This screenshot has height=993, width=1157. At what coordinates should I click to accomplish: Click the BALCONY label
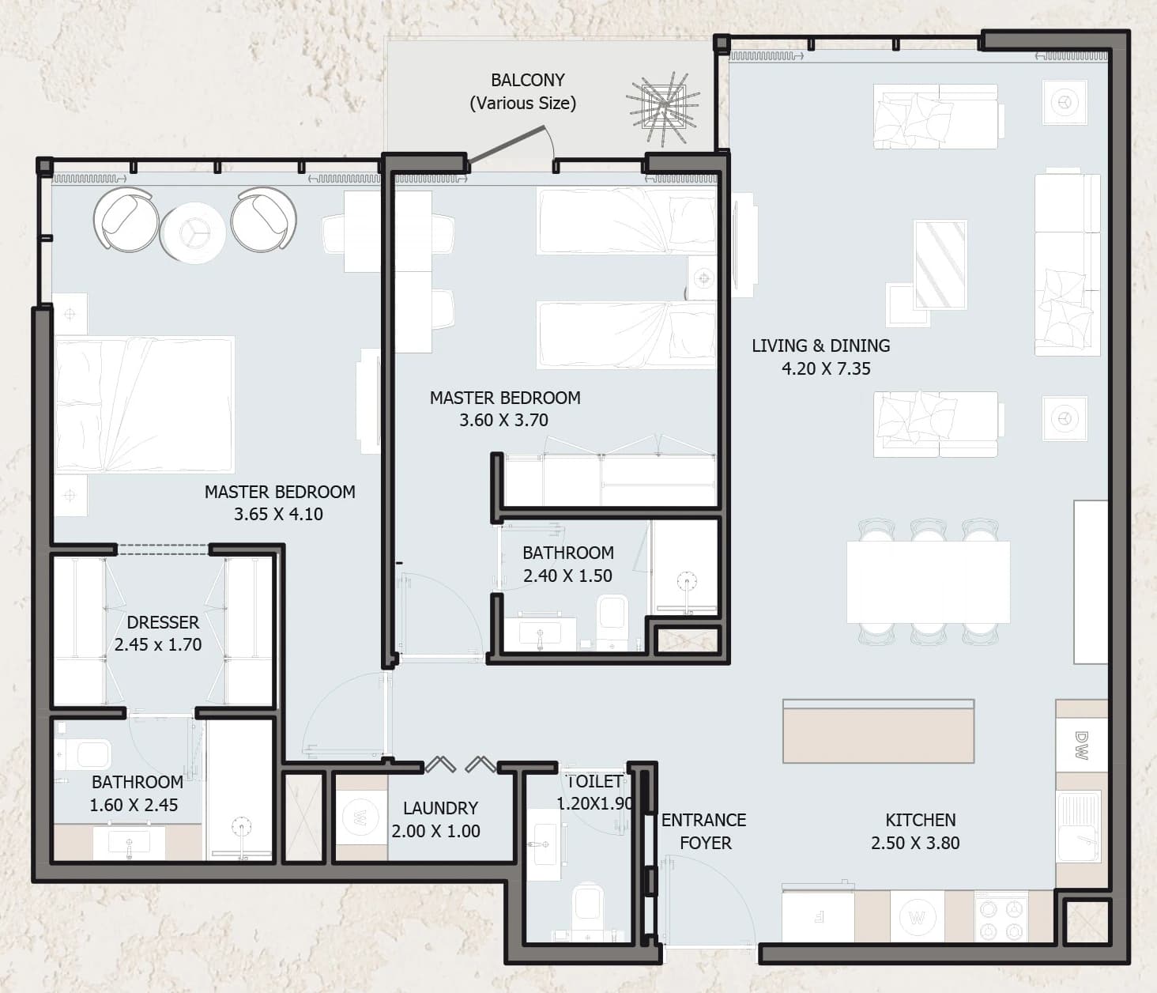point(527,81)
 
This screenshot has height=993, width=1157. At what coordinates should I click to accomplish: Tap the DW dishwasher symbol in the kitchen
point(1081,745)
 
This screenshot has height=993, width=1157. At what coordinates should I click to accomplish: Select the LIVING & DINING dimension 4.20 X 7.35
point(826,369)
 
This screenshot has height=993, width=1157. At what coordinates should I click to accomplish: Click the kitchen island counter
point(878,731)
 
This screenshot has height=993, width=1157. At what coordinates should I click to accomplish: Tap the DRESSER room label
point(162,622)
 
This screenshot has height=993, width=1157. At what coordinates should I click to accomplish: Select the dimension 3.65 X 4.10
point(278,514)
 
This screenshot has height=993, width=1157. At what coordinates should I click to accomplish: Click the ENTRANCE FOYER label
point(703,831)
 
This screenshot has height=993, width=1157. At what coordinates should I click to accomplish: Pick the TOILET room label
point(594,781)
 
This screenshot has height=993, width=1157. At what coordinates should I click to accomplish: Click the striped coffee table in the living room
point(940,264)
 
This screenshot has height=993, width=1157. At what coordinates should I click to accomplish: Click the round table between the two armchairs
point(193,232)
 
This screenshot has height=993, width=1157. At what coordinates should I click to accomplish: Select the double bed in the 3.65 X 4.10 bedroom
point(145,404)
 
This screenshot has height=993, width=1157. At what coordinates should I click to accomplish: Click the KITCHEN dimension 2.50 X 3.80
point(915,843)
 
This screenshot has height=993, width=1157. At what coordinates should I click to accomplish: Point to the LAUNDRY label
point(440,808)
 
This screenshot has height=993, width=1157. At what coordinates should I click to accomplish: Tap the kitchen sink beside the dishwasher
point(1078,826)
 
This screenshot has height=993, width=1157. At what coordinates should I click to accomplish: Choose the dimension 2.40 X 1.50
point(567,576)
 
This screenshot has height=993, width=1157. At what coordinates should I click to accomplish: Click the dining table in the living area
point(928,582)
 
